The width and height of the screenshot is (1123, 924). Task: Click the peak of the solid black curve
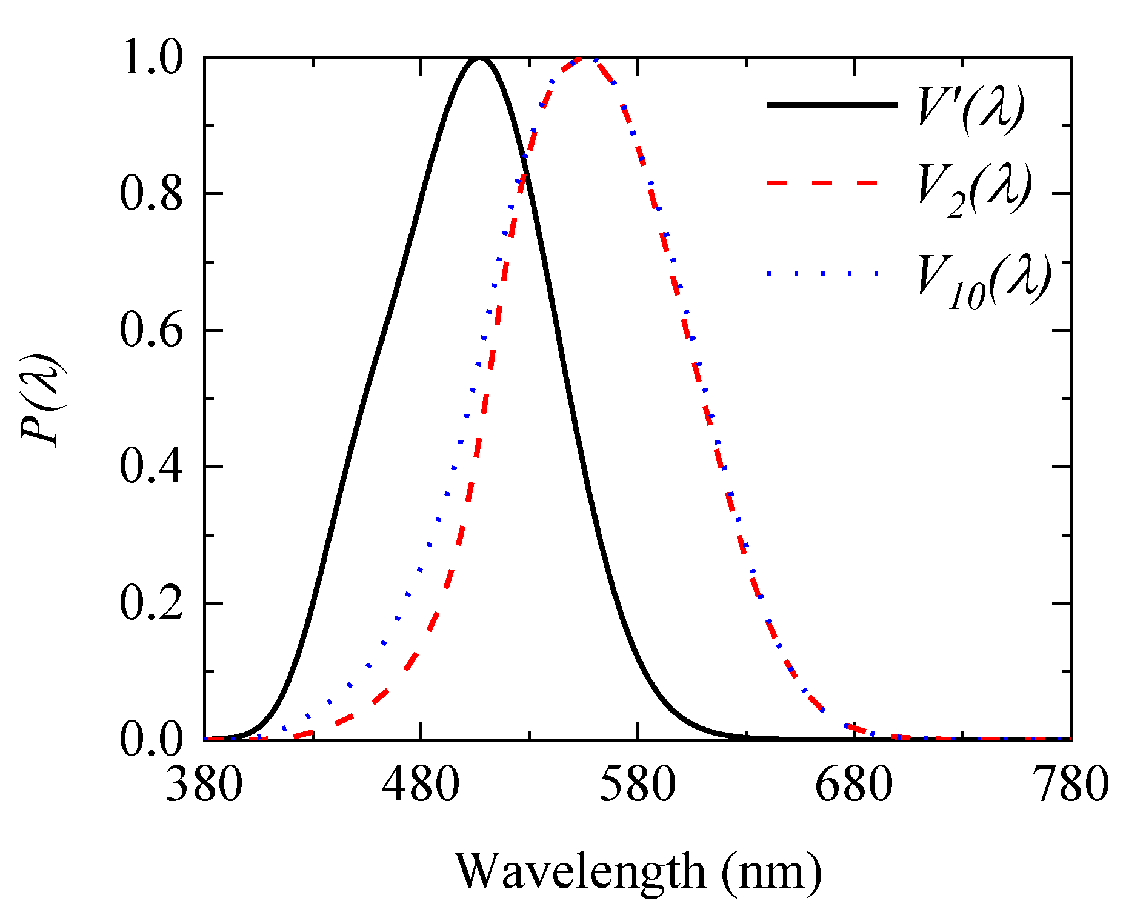480,59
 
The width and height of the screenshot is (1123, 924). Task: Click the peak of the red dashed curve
581,58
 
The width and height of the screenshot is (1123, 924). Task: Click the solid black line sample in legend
831,105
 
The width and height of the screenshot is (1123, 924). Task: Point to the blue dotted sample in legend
822,274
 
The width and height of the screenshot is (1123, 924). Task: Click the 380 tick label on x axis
204,784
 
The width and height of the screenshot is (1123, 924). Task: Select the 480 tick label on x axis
421,784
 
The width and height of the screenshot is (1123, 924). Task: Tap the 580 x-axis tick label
638,784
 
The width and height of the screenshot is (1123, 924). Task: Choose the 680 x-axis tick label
854,784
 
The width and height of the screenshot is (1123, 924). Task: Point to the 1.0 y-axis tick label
152,59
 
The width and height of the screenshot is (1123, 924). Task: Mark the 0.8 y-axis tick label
152,194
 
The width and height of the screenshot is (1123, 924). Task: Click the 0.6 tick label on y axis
152,331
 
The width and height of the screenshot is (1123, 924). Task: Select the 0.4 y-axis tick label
152,467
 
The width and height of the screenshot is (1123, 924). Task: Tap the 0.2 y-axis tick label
152,603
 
